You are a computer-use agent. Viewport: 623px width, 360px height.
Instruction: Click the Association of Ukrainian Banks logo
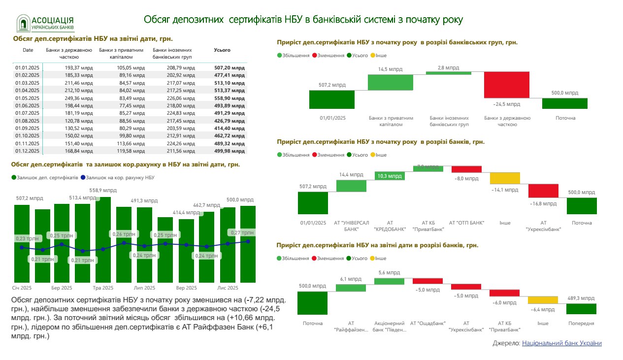pyautogui.click(x=46, y=23)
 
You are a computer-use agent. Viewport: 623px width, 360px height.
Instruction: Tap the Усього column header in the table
pyautogui.click(x=222, y=50)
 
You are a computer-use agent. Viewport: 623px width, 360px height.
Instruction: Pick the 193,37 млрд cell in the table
pyautogui.click(x=78, y=67)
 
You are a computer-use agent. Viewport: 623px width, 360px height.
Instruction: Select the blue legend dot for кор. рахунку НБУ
pyautogui.click(x=83, y=177)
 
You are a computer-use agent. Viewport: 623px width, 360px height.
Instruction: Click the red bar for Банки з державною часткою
pyautogui.click(x=507, y=85)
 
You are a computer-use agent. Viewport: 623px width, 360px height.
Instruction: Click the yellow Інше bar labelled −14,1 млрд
pyautogui.click(x=505, y=178)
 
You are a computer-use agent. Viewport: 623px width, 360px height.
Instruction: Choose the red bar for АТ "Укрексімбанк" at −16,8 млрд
pyautogui.click(x=543, y=191)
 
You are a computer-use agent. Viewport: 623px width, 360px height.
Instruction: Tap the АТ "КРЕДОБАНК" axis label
pyautogui.click(x=390, y=226)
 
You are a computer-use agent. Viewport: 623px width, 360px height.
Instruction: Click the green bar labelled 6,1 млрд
pyautogui.click(x=351, y=287)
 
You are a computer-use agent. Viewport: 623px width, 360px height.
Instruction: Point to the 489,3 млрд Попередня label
pyautogui.click(x=581, y=298)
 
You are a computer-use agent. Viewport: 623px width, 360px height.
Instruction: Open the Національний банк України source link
pyautogui.click(x=561, y=343)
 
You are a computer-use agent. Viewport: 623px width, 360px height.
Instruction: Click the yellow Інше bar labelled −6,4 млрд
pyautogui.click(x=543, y=299)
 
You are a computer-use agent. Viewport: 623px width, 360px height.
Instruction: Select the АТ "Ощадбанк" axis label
pyautogui.click(x=428, y=324)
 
